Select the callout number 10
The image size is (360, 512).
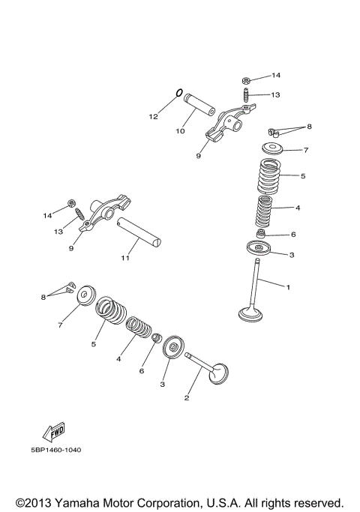click(180, 131)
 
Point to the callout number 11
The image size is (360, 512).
click(125, 259)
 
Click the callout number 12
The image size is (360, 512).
click(153, 116)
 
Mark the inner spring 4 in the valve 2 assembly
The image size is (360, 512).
click(139, 328)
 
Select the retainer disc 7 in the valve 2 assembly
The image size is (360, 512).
click(86, 295)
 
